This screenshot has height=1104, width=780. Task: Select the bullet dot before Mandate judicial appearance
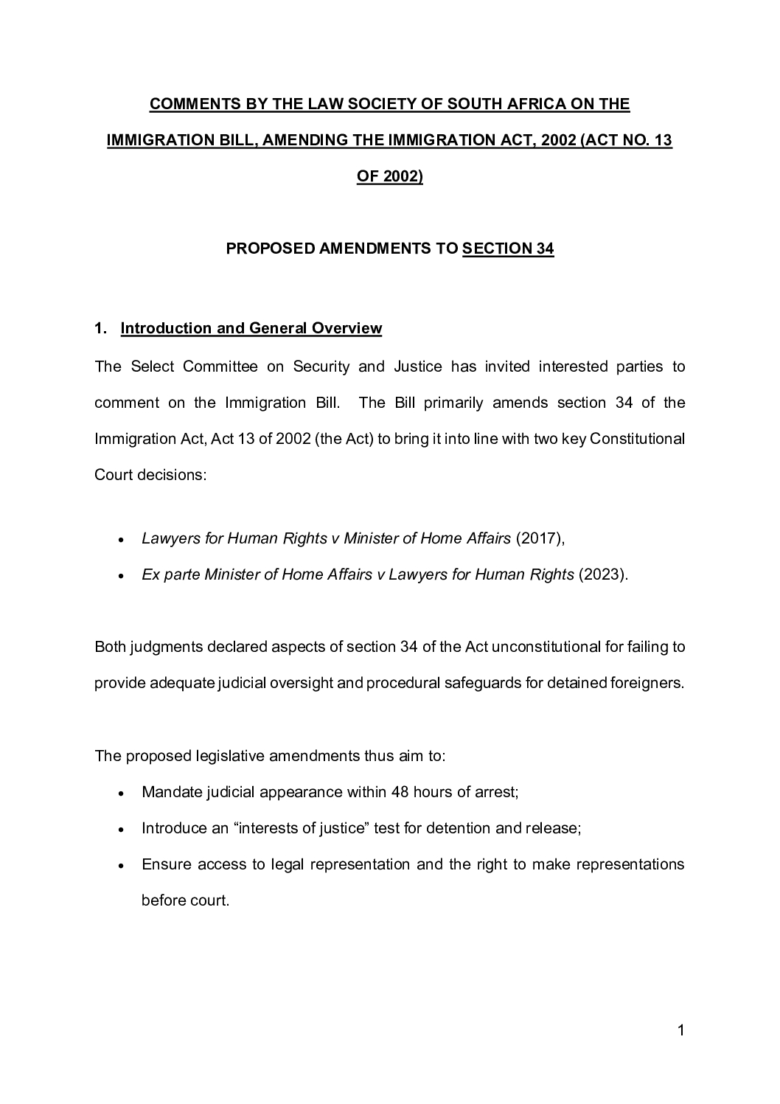tap(120, 794)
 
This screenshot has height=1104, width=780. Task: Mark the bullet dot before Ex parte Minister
tap(120, 576)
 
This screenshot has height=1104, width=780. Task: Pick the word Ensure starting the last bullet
tap(166, 864)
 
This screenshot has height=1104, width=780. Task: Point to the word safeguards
tap(482, 683)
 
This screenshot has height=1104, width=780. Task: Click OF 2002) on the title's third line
tap(389, 177)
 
